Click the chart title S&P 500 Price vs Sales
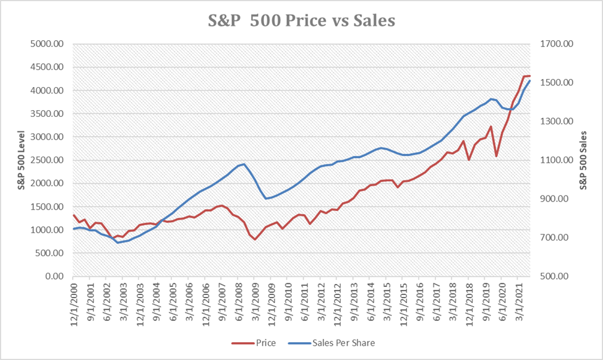tap(301, 20)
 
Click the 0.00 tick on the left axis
tap(58, 276)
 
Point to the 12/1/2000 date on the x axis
tap(74, 303)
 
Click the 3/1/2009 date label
tap(255, 303)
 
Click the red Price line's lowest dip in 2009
tap(255, 239)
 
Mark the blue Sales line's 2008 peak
tap(244, 164)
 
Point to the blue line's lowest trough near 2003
tap(118, 242)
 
